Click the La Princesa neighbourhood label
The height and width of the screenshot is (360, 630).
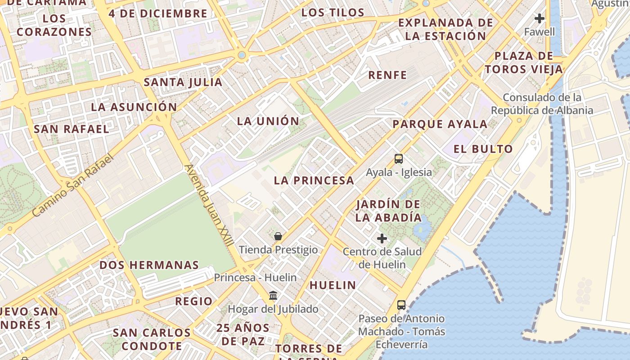pyautogui.click(x=314, y=180)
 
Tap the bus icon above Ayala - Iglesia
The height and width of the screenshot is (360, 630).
pyautogui.click(x=399, y=158)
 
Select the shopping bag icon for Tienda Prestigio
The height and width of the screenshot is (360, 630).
pyautogui.click(x=278, y=236)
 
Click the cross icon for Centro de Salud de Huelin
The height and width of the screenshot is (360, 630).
pyautogui.click(x=382, y=238)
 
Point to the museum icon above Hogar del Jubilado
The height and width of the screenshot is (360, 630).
pyautogui.click(x=273, y=296)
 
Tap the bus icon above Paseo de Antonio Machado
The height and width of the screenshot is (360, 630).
pyautogui.click(x=401, y=305)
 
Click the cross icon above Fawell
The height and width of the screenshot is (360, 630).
pyautogui.click(x=539, y=18)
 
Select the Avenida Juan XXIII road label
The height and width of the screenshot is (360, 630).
pyautogui.click(x=209, y=205)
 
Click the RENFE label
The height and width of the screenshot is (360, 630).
pyautogui.click(x=387, y=75)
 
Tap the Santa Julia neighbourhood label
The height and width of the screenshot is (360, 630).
pyautogui.click(x=183, y=82)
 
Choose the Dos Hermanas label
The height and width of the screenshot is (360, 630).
pyautogui.click(x=149, y=265)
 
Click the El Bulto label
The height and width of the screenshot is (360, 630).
pyautogui.click(x=483, y=149)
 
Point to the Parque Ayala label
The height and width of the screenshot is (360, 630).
pyautogui.click(x=440, y=124)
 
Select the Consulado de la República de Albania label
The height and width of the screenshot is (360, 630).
pyautogui.click(x=542, y=104)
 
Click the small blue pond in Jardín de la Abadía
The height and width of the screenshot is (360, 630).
pyautogui.click(x=422, y=230)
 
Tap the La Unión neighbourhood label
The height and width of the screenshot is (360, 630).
pyautogui.click(x=268, y=121)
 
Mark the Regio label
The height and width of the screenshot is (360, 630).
pyautogui.click(x=193, y=301)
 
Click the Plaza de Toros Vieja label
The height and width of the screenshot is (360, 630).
pyautogui.click(x=524, y=63)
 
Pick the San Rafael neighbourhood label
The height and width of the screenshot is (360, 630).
pyautogui.click(x=71, y=129)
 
